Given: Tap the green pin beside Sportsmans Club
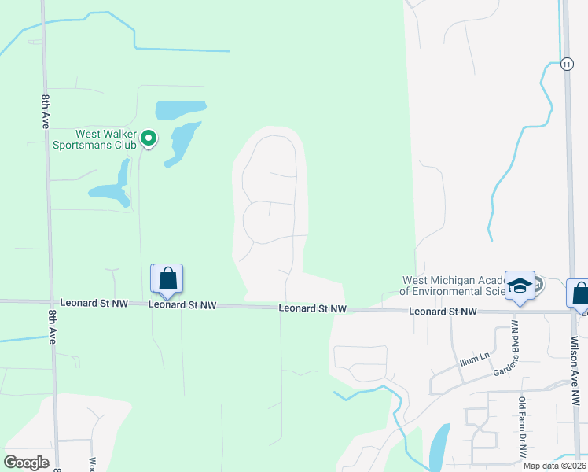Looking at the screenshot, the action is point(149,139).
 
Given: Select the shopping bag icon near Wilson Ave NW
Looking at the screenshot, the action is point(579,294).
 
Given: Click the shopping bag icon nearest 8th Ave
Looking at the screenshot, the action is point(167,278).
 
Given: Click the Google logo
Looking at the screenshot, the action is point(27,462).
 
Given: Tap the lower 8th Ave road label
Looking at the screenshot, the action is point(52,326).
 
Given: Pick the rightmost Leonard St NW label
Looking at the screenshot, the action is point(443,312).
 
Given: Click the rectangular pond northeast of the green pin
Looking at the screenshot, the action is point(180,109).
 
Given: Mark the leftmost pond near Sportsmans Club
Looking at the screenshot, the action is point(112,187).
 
